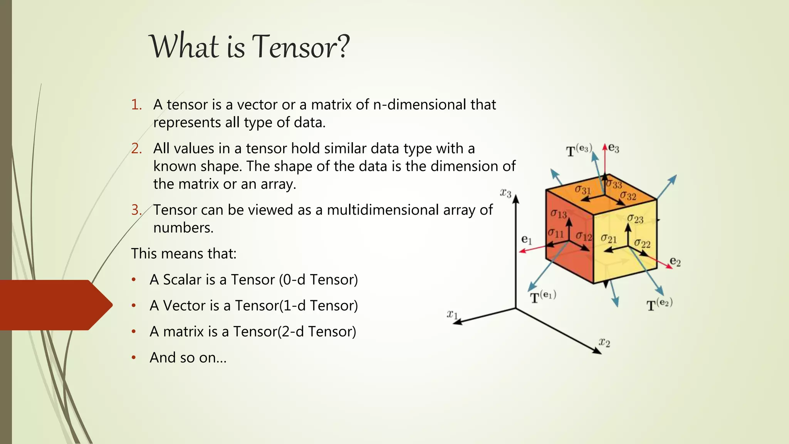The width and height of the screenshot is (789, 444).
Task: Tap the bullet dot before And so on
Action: coord(134,358)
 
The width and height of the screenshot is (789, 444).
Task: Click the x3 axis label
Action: coord(505,193)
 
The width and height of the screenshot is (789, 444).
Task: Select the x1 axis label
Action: coord(452,314)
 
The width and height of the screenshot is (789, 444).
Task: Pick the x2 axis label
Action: coord(604,342)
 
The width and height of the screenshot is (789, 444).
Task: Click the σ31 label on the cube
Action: coord(583,190)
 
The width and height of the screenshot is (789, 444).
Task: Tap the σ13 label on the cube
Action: coord(558,214)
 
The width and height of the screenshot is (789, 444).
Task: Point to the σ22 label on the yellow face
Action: coord(642,244)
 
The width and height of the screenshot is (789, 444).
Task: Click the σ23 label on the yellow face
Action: coord(635,219)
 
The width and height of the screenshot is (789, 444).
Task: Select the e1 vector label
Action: coord(526,240)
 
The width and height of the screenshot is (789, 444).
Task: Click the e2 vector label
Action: coord(675,262)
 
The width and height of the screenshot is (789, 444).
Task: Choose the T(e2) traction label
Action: coord(659,304)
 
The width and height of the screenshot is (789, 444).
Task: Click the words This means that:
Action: coord(184,254)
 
